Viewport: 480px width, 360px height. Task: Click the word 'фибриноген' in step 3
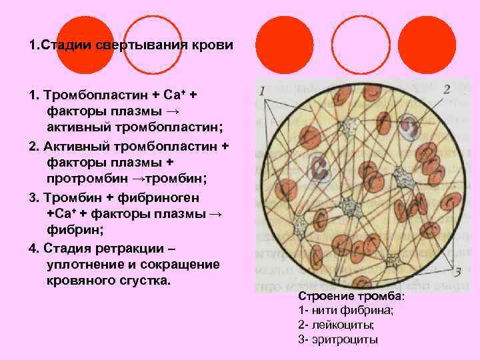(x=163, y=197)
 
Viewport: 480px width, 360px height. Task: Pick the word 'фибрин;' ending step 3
(x=70, y=230)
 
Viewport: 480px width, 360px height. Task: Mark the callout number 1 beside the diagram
(x=262, y=90)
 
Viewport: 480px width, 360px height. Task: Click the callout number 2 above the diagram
(x=446, y=89)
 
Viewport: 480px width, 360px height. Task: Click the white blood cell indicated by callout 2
(x=404, y=127)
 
